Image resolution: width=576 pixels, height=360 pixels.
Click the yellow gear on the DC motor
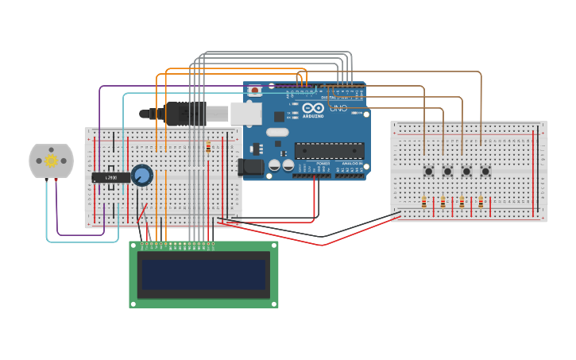click(51, 161)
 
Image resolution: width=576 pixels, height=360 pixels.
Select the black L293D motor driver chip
click(110, 177)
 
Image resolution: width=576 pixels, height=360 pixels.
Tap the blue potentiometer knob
click(142, 175)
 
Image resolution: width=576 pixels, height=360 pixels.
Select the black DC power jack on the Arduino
click(250, 167)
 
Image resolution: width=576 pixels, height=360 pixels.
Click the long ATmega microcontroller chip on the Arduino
click(330, 150)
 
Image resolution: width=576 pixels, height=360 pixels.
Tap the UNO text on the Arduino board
click(338, 108)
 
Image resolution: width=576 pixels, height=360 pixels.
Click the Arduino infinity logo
click(313, 108)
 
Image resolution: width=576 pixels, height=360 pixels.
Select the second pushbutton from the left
click(447, 171)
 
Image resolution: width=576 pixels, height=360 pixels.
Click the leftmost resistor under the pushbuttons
click(423, 203)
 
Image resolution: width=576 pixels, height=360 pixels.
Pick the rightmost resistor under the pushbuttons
click(481, 203)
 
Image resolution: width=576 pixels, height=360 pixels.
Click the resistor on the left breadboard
click(208, 147)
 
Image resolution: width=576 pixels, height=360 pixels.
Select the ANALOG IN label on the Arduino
click(350, 164)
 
